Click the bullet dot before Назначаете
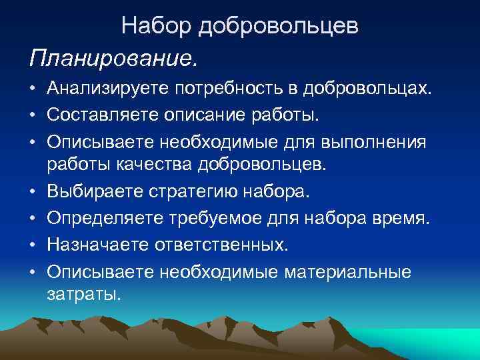point(33,245)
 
